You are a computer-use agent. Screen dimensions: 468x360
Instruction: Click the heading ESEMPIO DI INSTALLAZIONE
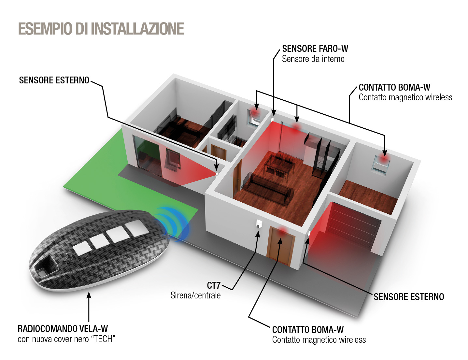point(101,28)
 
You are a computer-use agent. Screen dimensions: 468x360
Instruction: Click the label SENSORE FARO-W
point(315,49)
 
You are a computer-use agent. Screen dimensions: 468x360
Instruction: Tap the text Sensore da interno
point(313,59)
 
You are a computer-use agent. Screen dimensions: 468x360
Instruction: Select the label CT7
point(213,285)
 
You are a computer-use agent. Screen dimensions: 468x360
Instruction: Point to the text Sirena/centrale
point(195,295)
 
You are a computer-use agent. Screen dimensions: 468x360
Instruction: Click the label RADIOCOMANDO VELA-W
point(63,329)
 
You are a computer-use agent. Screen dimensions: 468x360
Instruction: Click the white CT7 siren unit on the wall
point(259,223)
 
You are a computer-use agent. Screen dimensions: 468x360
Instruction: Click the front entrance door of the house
point(281,246)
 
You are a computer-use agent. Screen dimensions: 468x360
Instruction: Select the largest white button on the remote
point(137,229)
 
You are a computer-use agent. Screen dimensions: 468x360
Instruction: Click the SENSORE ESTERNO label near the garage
point(409,297)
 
